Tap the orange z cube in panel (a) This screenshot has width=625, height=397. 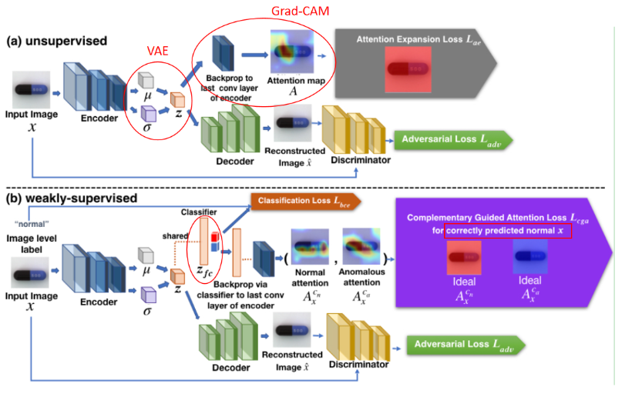[x=178, y=102]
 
